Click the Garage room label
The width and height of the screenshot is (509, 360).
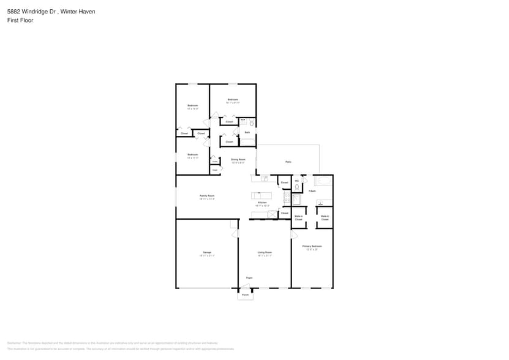(x=207, y=252)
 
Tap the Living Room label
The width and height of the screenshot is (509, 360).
(x=265, y=252)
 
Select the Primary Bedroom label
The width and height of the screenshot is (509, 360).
(x=312, y=246)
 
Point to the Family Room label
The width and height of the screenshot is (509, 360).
(x=207, y=196)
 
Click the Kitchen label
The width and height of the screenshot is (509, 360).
(x=262, y=203)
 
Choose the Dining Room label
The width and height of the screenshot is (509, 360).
(x=238, y=160)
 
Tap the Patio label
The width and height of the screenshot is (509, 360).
(x=288, y=162)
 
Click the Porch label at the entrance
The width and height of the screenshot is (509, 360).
(x=245, y=295)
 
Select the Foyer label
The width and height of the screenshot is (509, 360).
(x=249, y=278)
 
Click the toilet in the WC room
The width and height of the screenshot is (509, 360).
(x=297, y=187)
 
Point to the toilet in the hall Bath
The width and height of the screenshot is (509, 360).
(x=251, y=124)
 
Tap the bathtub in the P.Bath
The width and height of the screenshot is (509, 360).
(x=323, y=181)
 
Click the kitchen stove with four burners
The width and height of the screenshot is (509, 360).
(x=287, y=197)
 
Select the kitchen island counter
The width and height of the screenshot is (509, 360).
(x=261, y=196)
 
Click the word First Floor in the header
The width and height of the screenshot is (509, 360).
(x=20, y=20)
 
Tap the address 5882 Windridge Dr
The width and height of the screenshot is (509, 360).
(x=28, y=11)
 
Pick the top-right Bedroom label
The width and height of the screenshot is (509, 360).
(x=233, y=100)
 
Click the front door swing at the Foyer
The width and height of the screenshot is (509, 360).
(x=245, y=285)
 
